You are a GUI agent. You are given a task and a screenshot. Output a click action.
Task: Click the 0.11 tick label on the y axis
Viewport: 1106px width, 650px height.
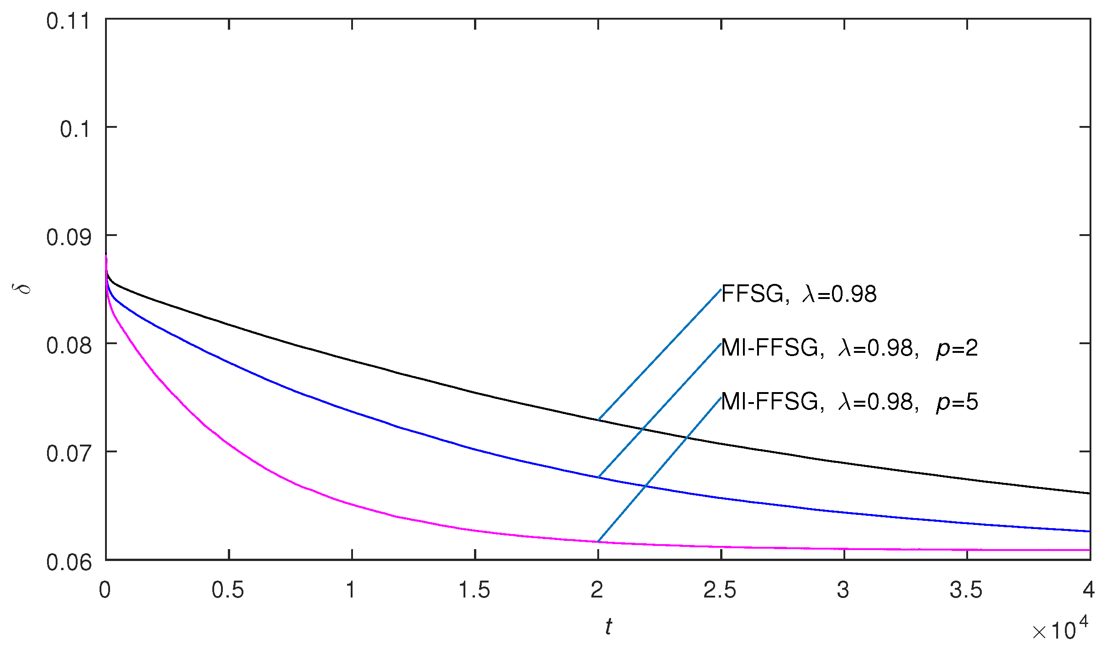click(68, 22)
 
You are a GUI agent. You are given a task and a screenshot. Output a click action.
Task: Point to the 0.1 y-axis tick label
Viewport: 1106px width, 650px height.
click(75, 130)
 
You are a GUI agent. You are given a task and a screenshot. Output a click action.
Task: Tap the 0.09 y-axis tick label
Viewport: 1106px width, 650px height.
click(68, 238)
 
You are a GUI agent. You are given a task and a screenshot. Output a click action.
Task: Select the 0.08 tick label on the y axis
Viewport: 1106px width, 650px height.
click(68, 346)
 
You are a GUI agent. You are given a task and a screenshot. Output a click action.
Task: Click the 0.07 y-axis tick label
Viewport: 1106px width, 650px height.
click(68, 454)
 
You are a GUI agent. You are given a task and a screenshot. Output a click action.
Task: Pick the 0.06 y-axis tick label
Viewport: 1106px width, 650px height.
click(68, 562)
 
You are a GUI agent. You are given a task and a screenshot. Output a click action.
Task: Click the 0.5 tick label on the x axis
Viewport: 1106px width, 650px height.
click(228, 590)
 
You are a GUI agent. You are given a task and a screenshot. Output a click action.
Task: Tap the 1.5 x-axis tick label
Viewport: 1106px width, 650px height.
click(474, 590)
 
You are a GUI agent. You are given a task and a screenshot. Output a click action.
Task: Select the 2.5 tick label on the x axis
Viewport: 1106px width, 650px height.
click(720, 590)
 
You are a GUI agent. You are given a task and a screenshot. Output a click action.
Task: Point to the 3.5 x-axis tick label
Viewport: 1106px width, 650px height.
click(966, 590)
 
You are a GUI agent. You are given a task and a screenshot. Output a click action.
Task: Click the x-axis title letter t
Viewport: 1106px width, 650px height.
click(608, 627)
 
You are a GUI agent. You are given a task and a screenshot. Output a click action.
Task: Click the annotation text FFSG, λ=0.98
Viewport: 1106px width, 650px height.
click(799, 294)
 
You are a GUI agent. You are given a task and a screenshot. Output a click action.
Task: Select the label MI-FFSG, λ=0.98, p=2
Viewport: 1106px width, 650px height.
click(849, 349)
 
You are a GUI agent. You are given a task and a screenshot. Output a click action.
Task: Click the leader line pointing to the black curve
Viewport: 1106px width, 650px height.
click(660, 355)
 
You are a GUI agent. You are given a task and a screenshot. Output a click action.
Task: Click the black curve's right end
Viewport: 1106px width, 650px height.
click(1089, 493)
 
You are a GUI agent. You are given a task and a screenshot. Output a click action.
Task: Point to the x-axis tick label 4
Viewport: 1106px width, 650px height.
click(1089, 590)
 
